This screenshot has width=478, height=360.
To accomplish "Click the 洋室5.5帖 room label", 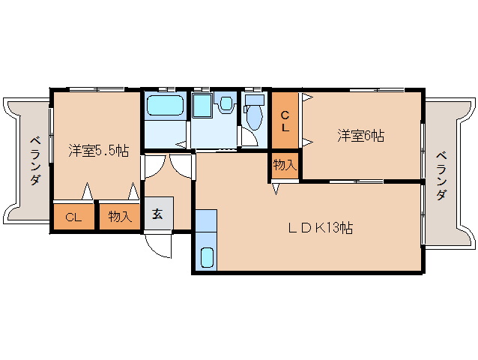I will pos(98,150).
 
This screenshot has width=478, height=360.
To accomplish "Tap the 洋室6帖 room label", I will pos(360,136).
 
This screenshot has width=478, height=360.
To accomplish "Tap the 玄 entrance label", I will pos(158,214).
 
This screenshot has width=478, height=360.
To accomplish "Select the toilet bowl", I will pos(253,117).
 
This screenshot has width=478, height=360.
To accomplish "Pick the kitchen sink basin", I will pos(208,257).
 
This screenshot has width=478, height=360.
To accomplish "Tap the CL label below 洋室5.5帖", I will pos(73,217).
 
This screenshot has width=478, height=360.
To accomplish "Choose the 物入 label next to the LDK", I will pos(285,165).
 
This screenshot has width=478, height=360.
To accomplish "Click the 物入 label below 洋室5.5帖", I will pos(120,217).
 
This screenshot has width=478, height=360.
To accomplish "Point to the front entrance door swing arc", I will pos(157,246).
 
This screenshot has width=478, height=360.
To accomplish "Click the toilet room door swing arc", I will pos(249,136).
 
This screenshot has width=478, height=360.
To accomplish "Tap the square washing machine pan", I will pos(202,106).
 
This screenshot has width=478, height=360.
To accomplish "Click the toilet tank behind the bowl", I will pos(255,99).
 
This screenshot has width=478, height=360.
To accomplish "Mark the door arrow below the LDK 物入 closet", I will pos(275,188).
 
